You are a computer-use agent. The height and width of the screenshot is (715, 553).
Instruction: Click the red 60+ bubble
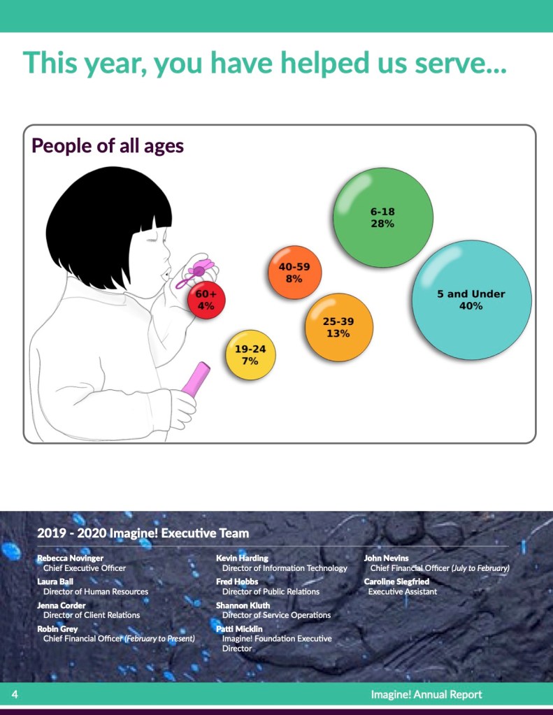(x=206, y=300)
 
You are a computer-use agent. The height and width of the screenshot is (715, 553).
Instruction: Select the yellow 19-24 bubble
(x=250, y=355)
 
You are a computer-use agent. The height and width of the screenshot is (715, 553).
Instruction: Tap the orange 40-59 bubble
(x=295, y=272)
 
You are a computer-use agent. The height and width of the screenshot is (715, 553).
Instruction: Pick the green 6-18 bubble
(x=383, y=217)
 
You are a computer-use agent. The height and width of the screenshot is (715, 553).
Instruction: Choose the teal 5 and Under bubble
(x=471, y=300)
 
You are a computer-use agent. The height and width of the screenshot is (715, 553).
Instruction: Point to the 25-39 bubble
(x=338, y=327)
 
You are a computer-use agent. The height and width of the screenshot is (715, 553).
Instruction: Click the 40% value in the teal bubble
(x=471, y=306)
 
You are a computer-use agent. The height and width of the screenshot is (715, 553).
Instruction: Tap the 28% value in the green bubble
(x=382, y=224)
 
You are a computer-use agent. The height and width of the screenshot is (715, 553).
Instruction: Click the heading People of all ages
(x=108, y=146)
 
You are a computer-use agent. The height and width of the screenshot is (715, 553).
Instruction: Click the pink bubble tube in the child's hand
(x=196, y=379)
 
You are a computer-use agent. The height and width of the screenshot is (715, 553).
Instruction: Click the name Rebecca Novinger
(x=71, y=558)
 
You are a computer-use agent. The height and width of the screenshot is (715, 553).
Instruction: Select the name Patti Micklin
(x=239, y=629)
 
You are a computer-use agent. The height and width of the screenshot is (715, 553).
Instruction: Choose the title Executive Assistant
(x=403, y=591)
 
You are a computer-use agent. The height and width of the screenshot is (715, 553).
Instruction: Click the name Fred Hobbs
(x=237, y=582)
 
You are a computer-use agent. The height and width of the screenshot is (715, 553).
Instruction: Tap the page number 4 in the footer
(x=15, y=694)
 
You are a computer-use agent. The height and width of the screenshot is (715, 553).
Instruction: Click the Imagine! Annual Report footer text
(x=426, y=695)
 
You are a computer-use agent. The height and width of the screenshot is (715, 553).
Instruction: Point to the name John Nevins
(x=386, y=558)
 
